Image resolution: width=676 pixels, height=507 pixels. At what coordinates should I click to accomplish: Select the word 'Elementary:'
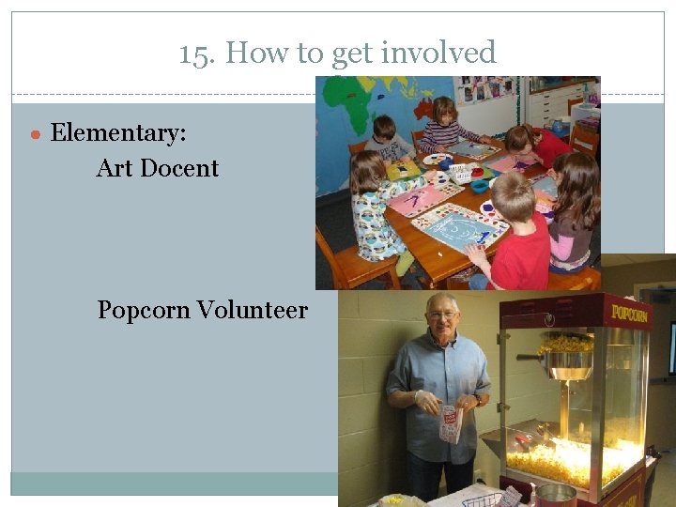(x=118, y=133)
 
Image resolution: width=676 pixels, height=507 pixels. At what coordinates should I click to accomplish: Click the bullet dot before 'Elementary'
(x=35, y=135)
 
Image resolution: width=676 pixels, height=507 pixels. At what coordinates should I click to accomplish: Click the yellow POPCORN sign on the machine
(x=628, y=313)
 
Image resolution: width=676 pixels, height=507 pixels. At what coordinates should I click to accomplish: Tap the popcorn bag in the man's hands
(x=451, y=422)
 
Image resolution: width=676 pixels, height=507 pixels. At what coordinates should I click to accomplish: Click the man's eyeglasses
(x=441, y=315)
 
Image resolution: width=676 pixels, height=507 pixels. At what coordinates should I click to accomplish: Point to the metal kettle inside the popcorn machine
(x=568, y=361)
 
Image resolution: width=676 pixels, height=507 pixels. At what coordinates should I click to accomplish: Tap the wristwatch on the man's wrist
(x=478, y=400)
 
